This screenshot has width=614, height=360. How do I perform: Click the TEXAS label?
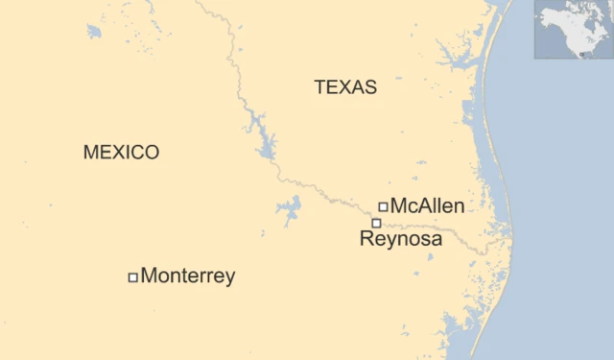point(345,87)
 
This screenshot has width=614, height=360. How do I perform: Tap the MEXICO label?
point(121,153)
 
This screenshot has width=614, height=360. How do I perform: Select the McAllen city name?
point(427,206)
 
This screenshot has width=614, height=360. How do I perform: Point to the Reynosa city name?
point(401,239)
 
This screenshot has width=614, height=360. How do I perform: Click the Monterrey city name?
point(188,276)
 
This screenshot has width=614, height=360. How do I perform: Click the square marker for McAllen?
point(383,206)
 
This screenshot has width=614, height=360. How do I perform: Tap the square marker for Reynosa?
point(376,223)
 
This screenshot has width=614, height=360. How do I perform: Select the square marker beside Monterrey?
point(132,277)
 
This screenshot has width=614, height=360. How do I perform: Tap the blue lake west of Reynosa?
point(288,208)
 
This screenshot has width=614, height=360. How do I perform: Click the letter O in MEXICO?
point(152,153)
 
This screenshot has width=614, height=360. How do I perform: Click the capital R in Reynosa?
point(366,239)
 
